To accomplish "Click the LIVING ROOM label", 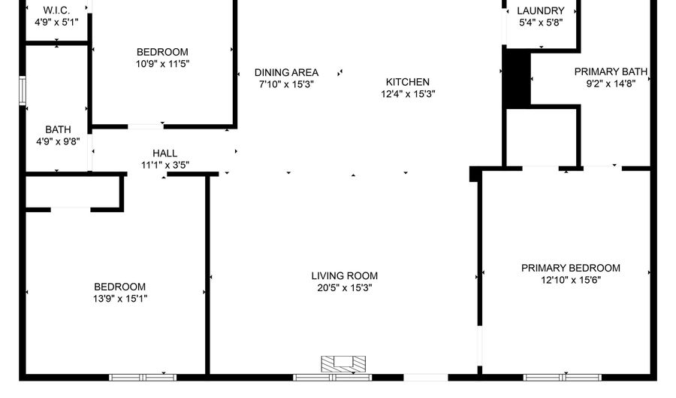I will coord(345,276).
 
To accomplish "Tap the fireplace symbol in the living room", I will coord(345,364).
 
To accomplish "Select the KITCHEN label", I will coord(408,82).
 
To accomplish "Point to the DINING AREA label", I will coord(286,73).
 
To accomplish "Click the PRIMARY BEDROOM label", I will coord(571,269).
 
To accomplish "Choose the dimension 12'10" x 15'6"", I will coord(571,280).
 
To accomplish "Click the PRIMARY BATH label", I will coord(611,72).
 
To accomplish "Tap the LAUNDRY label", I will coord(540,11).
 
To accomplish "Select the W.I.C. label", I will coord(57,11).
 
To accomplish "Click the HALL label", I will coord(164,153).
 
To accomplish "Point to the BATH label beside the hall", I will coord(58,129).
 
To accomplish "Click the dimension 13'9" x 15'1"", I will coord(119,298).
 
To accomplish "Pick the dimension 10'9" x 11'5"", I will coord(162,64).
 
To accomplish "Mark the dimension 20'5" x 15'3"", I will coord(345,287).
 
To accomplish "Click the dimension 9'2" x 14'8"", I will coord(611,84).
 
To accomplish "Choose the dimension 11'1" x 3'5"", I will coord(164,164).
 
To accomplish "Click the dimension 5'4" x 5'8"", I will coord(540,23).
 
